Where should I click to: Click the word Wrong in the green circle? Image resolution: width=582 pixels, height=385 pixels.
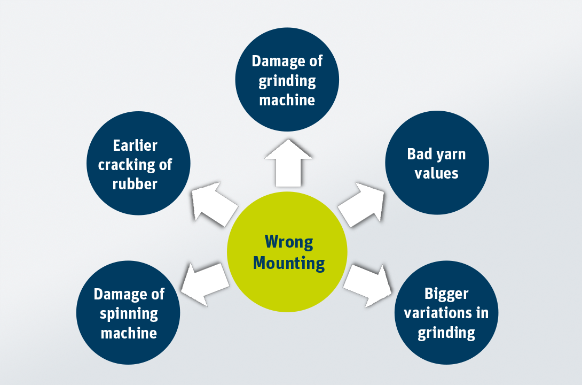tap(288, 242)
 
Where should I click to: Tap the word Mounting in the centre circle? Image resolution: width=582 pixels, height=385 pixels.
tap(288, 263)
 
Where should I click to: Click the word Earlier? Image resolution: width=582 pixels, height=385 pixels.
tap(135, 145)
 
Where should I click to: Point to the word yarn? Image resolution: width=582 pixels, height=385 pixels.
tap(451, 155)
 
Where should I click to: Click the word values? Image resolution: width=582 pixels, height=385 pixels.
tap(436, 173)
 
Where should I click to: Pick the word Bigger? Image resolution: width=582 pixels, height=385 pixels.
tap(446, 294)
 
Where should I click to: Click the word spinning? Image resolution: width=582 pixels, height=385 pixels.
tap(129, 313)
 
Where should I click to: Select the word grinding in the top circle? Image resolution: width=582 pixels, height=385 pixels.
tap(287, 81)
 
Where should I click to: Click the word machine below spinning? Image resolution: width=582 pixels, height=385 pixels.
tap(129, 333)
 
